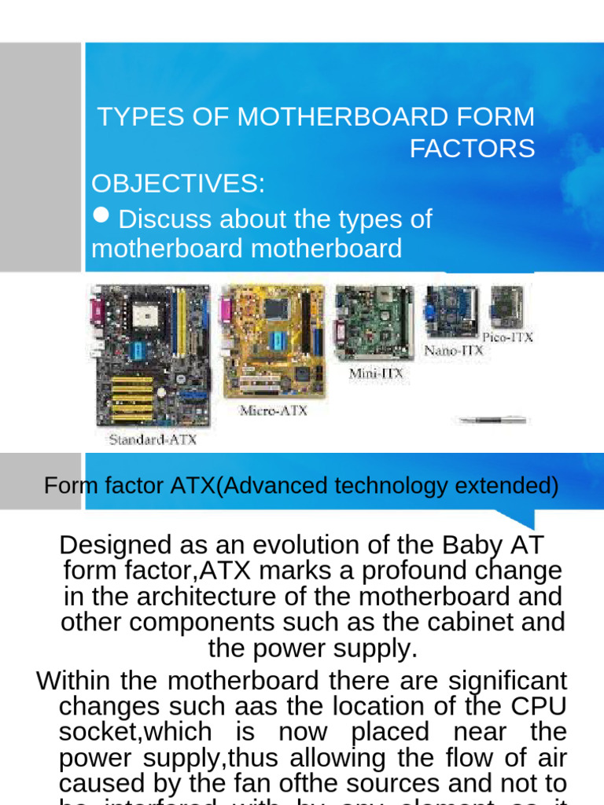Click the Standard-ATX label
click(x=152, y=439)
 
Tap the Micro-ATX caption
click(x=273, y=410)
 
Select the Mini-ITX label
click(x=376, y=374)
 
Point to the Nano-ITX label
click(x=454, y=350)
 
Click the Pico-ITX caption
click(x=508, y=337)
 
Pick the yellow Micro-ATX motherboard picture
click(x=273, y=340)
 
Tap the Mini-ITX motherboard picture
click(x=374, y=323)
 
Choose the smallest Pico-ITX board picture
click(x=506, y=307)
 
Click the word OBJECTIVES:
click(x=179, y=184)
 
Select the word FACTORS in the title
click(x=472, y=148)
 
